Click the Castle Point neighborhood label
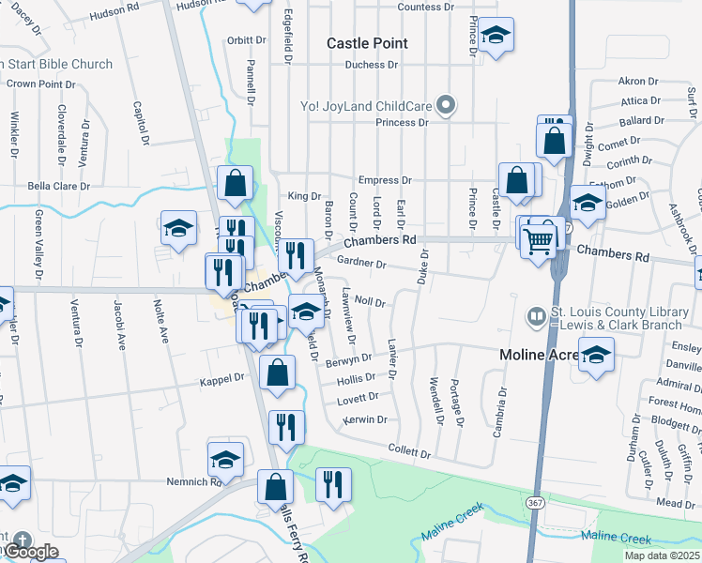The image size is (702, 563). tap(367, 43)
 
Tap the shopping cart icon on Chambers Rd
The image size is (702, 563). tap(539, 240)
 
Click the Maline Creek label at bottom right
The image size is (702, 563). tap(616, 539)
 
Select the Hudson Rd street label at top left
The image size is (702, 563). tap(113, 16)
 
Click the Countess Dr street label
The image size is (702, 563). tap(425, 7)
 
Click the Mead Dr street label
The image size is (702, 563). tap(676, 504)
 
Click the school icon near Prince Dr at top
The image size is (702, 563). tap(495, 37)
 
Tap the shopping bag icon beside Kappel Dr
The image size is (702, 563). tap(278, 373)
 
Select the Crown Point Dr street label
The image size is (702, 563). tap(40, 84)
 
